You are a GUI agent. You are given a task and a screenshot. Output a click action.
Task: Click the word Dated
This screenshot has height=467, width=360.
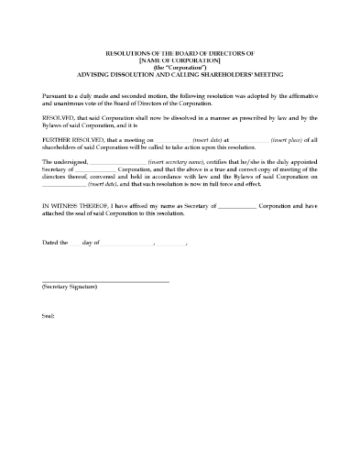tap(51, 243)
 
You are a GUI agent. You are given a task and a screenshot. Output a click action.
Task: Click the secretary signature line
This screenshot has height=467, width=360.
tap(105, 280)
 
